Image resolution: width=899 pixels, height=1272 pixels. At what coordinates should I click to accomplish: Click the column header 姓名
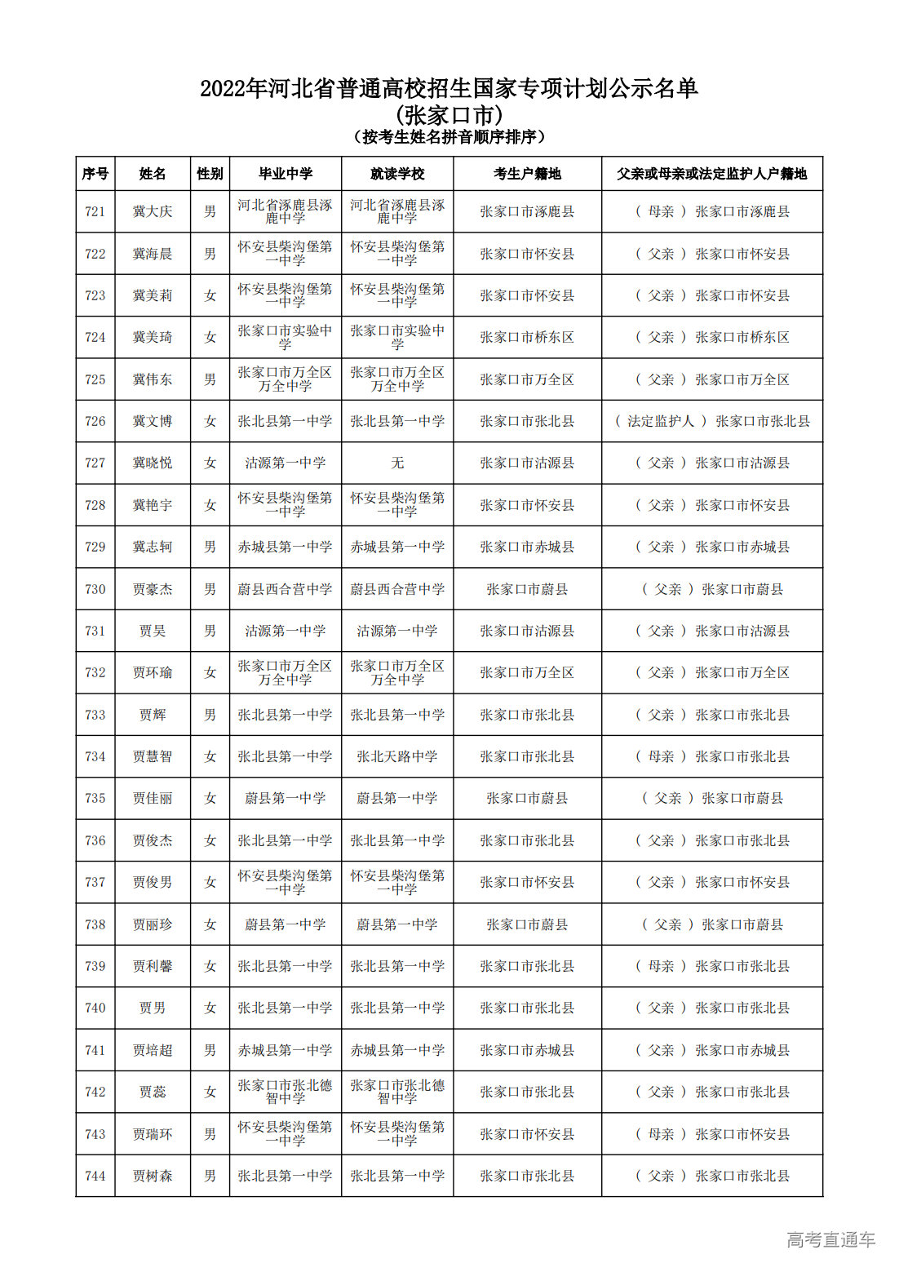point(153,174)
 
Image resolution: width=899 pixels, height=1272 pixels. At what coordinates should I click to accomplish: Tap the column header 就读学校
point(397,174)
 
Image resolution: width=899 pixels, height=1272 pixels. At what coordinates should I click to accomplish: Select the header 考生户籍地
point(527,174)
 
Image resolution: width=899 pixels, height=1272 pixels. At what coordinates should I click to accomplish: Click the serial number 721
point(95,212)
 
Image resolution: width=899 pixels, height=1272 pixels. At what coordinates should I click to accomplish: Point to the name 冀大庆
point(153,212)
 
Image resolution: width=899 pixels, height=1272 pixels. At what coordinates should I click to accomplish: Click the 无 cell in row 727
point(397,463)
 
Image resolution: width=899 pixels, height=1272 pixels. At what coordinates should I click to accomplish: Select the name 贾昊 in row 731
point(153,632)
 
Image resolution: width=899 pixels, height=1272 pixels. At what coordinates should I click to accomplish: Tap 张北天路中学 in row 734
point(397,757)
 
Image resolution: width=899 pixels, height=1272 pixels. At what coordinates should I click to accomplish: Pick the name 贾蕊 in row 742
point(153,1093)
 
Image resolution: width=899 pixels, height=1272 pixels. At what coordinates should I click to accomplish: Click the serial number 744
point(95,1177)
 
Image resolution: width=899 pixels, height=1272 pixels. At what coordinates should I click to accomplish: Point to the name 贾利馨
point(153,967)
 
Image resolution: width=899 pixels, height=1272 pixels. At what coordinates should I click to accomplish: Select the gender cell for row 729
point(210,547)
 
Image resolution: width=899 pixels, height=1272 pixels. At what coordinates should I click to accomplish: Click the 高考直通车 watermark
point(830,1240)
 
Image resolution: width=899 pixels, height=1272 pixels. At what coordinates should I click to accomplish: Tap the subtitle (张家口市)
point(449,115)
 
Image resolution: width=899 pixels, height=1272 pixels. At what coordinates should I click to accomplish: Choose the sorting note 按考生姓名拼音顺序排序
point(449,137)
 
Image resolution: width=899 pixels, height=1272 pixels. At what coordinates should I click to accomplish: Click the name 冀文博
point(153,422)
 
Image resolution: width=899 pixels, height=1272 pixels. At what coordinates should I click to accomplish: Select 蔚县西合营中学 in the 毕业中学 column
point(285,589)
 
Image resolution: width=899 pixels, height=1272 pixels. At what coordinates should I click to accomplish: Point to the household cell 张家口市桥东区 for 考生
point(527,338)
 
